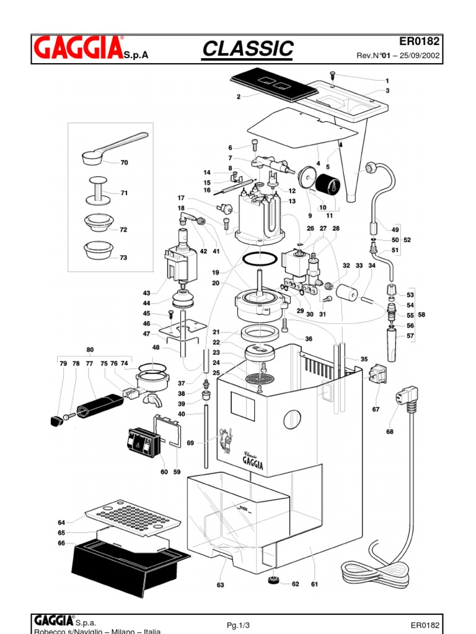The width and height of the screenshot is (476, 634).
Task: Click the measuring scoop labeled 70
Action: [x=112, y=149]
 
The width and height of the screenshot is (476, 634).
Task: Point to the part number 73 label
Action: [x=123, y=258]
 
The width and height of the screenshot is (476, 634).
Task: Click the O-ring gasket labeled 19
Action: [x=258, y=259]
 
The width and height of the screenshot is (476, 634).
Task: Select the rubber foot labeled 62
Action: [x=273, y=581]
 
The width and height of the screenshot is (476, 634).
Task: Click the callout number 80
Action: [x=90, y=349]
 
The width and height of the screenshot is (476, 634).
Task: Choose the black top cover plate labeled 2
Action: [x=270, y=85]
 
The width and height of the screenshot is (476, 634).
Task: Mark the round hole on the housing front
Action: [x=292, y=420]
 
